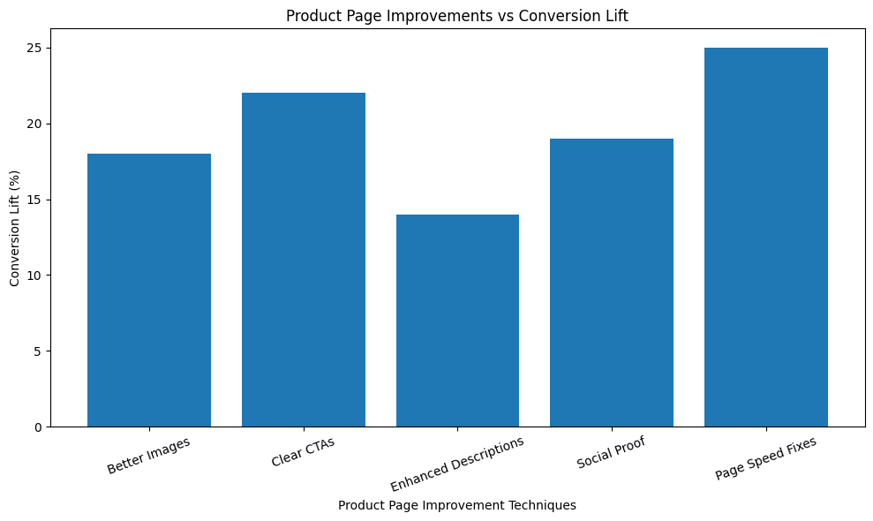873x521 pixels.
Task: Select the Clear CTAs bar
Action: click(303, 260)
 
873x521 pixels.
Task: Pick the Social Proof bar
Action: click(611, 283)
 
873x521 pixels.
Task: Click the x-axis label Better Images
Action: click(148, 455)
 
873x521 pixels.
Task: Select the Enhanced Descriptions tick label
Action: click(457, 464)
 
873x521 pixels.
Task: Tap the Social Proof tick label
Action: click(611, 452)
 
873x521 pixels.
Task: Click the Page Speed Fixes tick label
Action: click(765, 458)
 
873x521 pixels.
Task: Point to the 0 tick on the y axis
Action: click(38, 427)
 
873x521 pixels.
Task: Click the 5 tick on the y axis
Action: click(38, 351)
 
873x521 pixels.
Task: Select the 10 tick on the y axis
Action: click(35, 276)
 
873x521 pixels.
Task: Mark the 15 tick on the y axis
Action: click(35, 200)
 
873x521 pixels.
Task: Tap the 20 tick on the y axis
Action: click(35, 124)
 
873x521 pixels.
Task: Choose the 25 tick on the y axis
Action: click(35, 48)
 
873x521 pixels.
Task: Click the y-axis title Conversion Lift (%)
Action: click(14, 228)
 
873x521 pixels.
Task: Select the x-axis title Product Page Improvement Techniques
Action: click(457, 505)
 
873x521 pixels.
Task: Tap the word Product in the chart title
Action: click(311, 16)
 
